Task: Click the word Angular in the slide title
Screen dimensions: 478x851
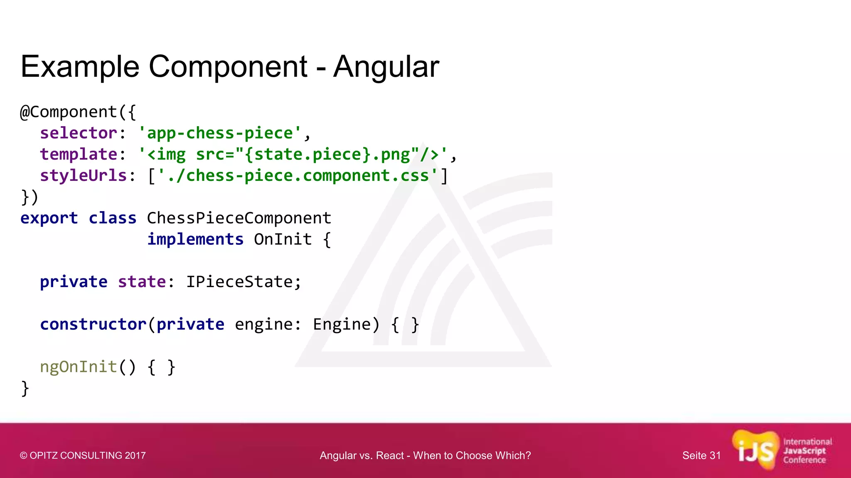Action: tap(386, 67)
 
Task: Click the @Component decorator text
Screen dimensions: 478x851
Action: tap(69, 112)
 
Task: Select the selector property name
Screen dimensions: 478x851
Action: tap(79, 133)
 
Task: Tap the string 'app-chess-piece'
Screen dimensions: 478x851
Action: tap(220, 133)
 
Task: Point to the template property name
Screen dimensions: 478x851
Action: tap(79, 154)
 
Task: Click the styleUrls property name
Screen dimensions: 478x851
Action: tap(83, 176)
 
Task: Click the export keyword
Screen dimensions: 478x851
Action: tap(49, 218)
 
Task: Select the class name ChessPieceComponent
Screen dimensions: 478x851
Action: tap(239, 218)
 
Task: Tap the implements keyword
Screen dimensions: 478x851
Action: tap(195, 239)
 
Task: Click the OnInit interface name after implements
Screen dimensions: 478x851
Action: tap(283, 239)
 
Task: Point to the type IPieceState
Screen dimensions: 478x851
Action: tap(239, 282)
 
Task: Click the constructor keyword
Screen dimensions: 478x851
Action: tap(93, 324)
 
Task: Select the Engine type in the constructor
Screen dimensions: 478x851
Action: tap(341, 324)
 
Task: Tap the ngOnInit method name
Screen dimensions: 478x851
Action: tap(79, 367)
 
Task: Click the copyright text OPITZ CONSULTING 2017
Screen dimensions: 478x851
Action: tap(83, 456)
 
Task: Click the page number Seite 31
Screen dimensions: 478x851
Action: tap(701, 456)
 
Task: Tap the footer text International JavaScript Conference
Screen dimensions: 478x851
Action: tap(807, 451)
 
